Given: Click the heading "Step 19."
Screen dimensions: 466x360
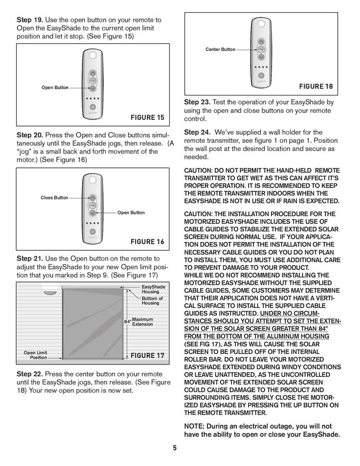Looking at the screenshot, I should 30,20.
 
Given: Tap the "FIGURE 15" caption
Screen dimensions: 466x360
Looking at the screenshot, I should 147,117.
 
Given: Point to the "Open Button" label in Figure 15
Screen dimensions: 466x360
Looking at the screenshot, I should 55,87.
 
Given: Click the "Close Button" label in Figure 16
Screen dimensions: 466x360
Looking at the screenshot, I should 54,198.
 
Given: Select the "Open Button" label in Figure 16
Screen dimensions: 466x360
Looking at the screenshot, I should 131,213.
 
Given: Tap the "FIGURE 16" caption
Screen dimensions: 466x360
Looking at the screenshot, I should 147,242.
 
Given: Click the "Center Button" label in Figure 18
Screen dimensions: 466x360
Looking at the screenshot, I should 220,49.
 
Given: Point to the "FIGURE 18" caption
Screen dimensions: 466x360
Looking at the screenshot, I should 315,86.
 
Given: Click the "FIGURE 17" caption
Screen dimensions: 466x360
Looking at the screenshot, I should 147,355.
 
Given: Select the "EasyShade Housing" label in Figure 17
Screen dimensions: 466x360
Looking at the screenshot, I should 153,289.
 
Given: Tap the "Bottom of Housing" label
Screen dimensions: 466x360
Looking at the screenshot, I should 152,301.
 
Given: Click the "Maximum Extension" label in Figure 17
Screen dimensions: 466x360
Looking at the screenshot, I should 142,322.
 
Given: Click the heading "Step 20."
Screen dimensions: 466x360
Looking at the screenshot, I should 30,135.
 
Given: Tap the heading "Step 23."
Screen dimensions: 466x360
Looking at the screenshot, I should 197,102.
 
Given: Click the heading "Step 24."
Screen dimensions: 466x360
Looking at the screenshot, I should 197,132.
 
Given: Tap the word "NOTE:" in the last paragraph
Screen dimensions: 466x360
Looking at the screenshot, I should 194,426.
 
